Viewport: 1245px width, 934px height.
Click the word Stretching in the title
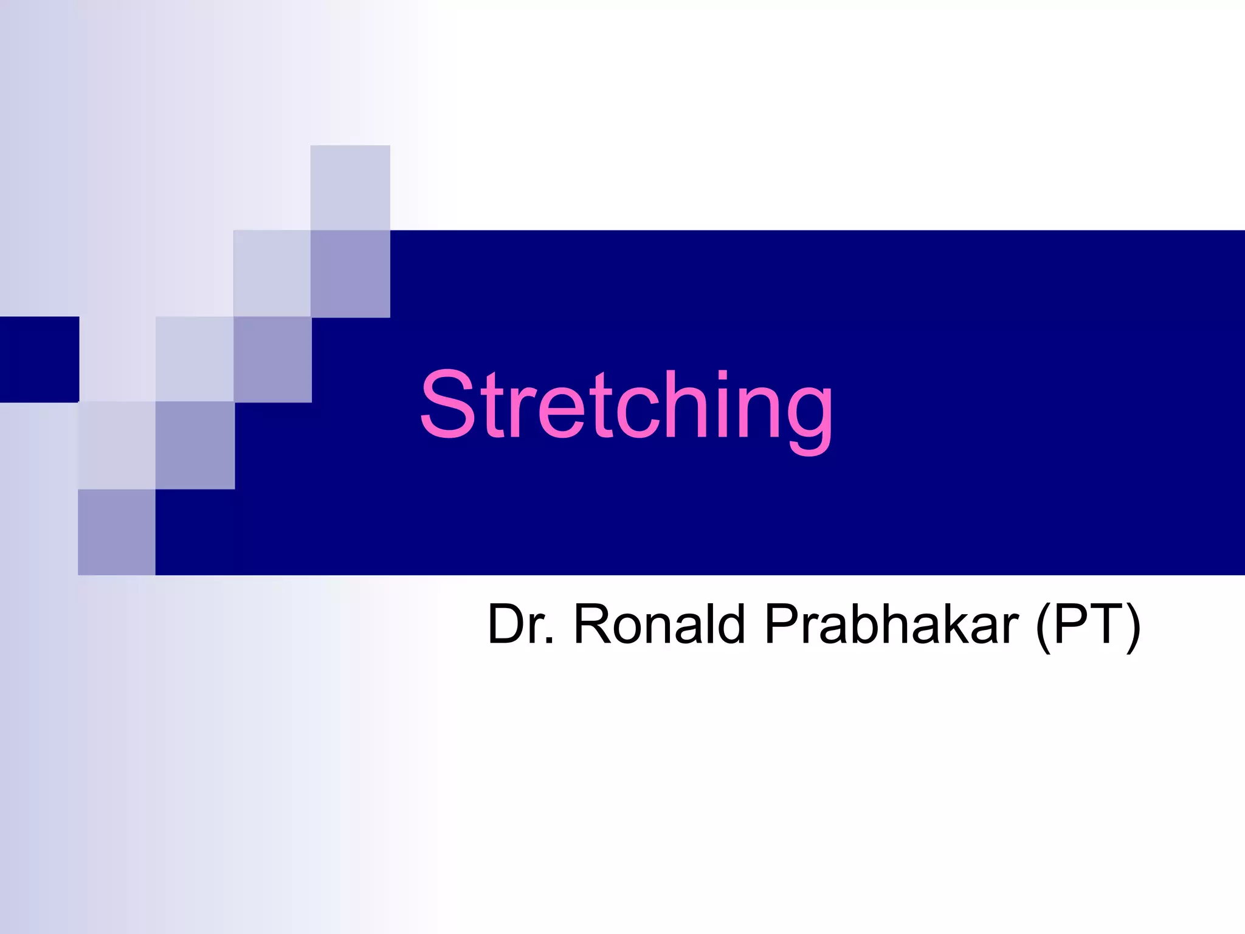pos(626,406)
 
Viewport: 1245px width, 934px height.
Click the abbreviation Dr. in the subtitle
pos(520,624)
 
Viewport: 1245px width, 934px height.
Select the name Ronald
pos(659,624)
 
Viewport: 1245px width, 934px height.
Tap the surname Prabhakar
pos(891,624)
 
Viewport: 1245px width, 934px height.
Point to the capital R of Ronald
pos(591,624)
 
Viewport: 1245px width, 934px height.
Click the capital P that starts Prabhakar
pos(779,624)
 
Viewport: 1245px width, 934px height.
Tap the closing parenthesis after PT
pos(1133,626)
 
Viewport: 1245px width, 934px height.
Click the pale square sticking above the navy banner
pos(350,187)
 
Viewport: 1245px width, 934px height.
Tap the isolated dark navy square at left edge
pos(39,359)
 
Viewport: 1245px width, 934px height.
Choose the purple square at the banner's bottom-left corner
pos(116,532)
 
